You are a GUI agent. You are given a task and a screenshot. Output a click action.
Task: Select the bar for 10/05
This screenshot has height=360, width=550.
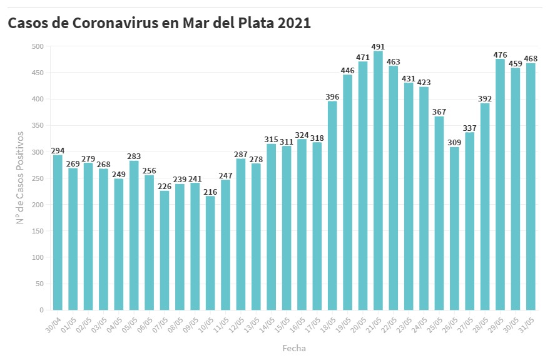tap(210, 253)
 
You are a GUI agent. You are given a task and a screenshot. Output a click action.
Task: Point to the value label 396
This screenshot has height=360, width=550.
tap(332, 96)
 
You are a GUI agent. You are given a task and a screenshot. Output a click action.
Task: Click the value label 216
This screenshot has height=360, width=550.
tap(210, 192)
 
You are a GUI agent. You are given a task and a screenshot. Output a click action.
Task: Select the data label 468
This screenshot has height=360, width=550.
tap(531, 59)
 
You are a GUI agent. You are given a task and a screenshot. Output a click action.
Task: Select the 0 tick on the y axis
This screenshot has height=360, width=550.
tap(41, 310)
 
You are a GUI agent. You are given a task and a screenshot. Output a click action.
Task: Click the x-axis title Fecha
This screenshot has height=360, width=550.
tap(294, 347)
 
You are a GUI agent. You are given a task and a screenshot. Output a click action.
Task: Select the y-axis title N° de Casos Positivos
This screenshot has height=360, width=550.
tap(20, 178)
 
